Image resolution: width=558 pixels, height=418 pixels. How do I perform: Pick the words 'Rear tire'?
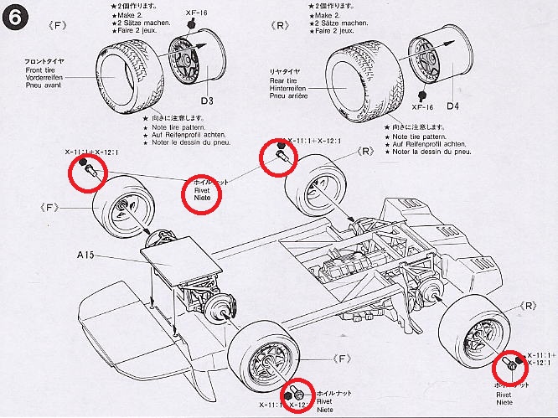tap(286, 80)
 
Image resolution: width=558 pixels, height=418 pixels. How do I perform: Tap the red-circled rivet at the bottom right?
tap(509, 365)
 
